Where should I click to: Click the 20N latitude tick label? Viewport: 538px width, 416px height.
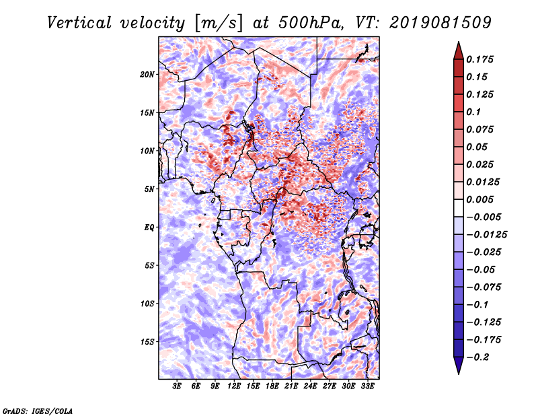147,75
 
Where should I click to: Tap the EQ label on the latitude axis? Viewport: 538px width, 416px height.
149,228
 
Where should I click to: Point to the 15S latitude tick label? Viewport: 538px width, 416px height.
147,342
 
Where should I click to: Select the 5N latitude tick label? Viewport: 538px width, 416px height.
149,189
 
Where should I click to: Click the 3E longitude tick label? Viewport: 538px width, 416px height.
177,386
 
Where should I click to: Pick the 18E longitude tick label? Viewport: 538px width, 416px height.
272,386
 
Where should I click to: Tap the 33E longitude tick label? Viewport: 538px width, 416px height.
367,386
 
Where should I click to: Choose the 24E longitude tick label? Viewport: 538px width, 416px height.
310,386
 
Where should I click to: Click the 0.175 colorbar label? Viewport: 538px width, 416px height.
479,59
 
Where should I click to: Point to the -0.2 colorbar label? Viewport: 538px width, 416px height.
477,357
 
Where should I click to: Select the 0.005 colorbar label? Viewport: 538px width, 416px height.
479,199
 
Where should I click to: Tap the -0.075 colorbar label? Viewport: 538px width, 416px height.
484,287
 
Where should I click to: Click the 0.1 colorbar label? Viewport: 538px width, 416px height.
473,112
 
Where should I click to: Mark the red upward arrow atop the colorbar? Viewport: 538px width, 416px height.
459,50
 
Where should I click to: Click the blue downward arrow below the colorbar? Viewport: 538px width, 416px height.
459,366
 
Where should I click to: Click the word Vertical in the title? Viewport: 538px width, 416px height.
79,23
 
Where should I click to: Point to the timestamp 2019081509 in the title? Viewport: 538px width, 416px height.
440,23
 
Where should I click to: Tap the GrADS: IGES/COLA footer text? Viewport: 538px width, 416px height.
38,411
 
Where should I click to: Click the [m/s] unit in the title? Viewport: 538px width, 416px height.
219,24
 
